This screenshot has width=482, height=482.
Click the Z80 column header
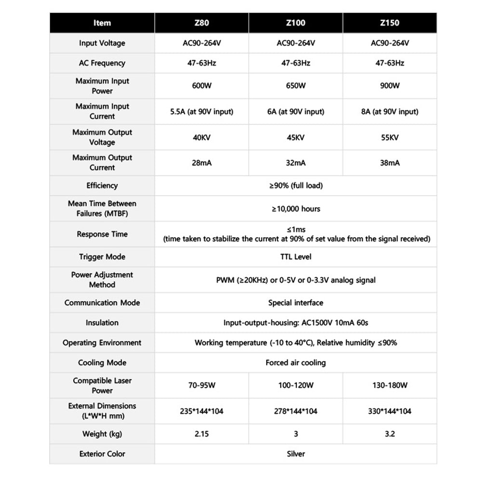point(201,23)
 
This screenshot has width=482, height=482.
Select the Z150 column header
point(390,23)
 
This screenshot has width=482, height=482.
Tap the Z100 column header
point(295,23)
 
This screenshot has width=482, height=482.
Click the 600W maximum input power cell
point(201,86)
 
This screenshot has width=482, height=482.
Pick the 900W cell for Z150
point(390,86)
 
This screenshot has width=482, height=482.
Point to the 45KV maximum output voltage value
point(295,137)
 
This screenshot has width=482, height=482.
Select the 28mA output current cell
point(201,163)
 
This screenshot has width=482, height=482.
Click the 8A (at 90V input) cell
point(390,112)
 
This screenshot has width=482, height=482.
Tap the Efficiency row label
point(102,186)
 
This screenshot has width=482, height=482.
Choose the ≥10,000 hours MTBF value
point(295,209)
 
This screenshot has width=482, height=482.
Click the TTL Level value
point(295,257)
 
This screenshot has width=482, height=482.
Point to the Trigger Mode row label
point(102,257)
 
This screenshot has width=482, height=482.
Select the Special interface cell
point(295,303)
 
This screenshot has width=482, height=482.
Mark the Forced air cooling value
point(295,362)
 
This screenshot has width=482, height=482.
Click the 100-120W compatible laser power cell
point(295,386)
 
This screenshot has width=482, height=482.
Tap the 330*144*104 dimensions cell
point(390,411)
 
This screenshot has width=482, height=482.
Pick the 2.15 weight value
point(201,434)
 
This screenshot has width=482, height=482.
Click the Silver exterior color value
point(295,454)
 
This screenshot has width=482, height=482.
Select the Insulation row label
point(102,323)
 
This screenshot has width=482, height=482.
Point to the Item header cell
point(102,23)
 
